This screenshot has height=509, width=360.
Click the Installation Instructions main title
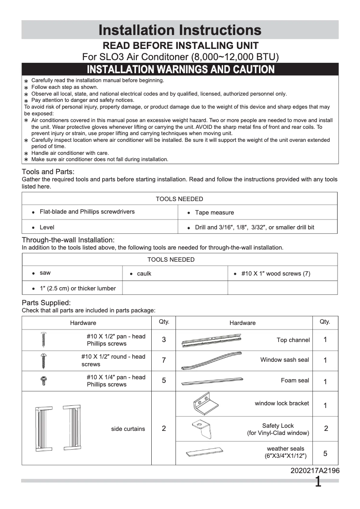[180, 30]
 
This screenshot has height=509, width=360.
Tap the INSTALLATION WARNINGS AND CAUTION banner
[180, 70]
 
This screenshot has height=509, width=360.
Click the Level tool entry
[47, 228]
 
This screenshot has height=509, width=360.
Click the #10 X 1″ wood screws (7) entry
[275, 274]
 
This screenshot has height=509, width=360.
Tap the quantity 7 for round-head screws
[164, 360]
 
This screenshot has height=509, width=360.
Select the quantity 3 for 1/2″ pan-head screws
[164, 340]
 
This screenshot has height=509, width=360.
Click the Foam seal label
[295, 381]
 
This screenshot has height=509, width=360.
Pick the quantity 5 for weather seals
[325, 453]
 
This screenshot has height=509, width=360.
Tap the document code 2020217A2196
[315, 471]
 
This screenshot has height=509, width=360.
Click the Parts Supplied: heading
[46, 303]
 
